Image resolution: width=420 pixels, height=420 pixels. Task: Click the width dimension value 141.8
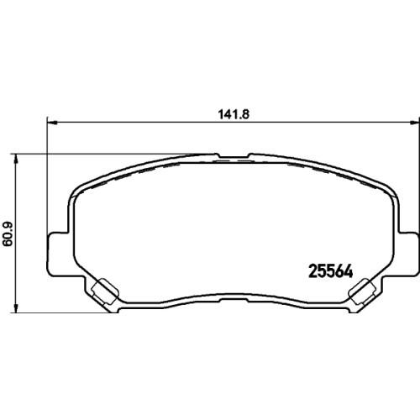tap(234, 114)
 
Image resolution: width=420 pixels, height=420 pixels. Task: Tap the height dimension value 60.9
tap(8, 234)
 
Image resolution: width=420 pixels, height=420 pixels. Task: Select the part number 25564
tap(330, 271)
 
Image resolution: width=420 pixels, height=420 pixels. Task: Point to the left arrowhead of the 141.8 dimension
tap(52, 123)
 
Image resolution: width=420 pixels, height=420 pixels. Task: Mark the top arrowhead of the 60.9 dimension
tap(17, 159)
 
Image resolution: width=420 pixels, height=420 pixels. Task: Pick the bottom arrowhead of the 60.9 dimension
tap(17, 307)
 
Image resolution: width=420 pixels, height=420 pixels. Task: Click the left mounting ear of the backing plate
tap(58, 254)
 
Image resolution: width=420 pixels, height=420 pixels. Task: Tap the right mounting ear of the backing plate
tap(408, 254)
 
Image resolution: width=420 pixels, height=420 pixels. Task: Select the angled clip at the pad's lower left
tap(105, 291)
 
